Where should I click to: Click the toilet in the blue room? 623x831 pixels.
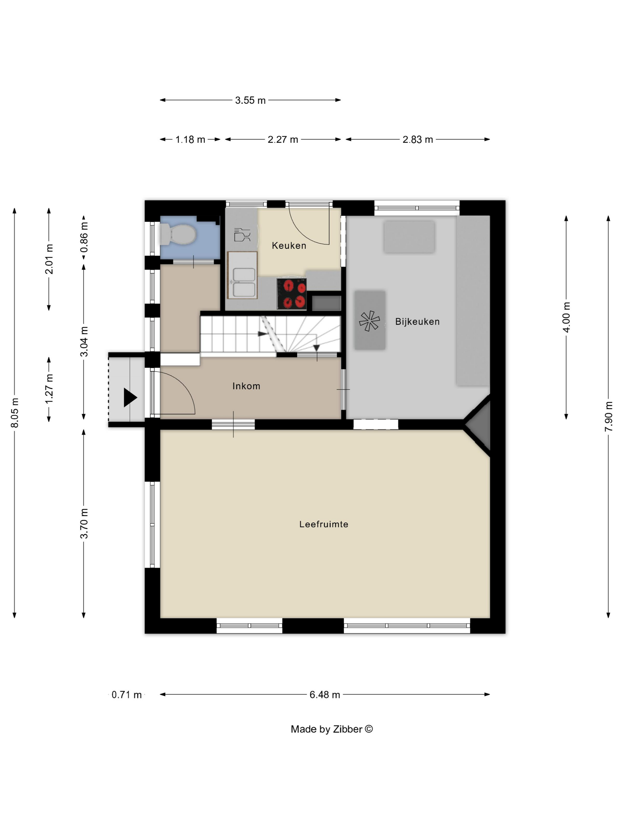[178, 234]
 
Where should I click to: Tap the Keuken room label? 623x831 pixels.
[289, 245]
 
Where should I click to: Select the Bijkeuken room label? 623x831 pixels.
[417, 322]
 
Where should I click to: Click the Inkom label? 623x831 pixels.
[246, 386]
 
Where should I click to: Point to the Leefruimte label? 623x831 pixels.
[324, 524]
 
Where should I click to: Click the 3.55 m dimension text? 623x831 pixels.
[250, 100]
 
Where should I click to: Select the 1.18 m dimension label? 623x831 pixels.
[190, 139]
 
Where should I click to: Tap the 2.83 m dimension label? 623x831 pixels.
[418, 139]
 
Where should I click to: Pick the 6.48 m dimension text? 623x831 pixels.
[325, 695]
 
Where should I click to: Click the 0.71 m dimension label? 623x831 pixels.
[127, 695]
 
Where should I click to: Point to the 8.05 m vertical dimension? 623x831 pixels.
[15, 413]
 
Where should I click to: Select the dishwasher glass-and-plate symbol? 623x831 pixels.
[242, 235]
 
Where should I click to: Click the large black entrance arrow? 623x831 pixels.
[130, 397]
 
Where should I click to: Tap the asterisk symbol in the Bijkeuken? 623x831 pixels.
[370, 321]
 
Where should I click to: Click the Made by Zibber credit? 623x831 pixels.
[332, 729]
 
